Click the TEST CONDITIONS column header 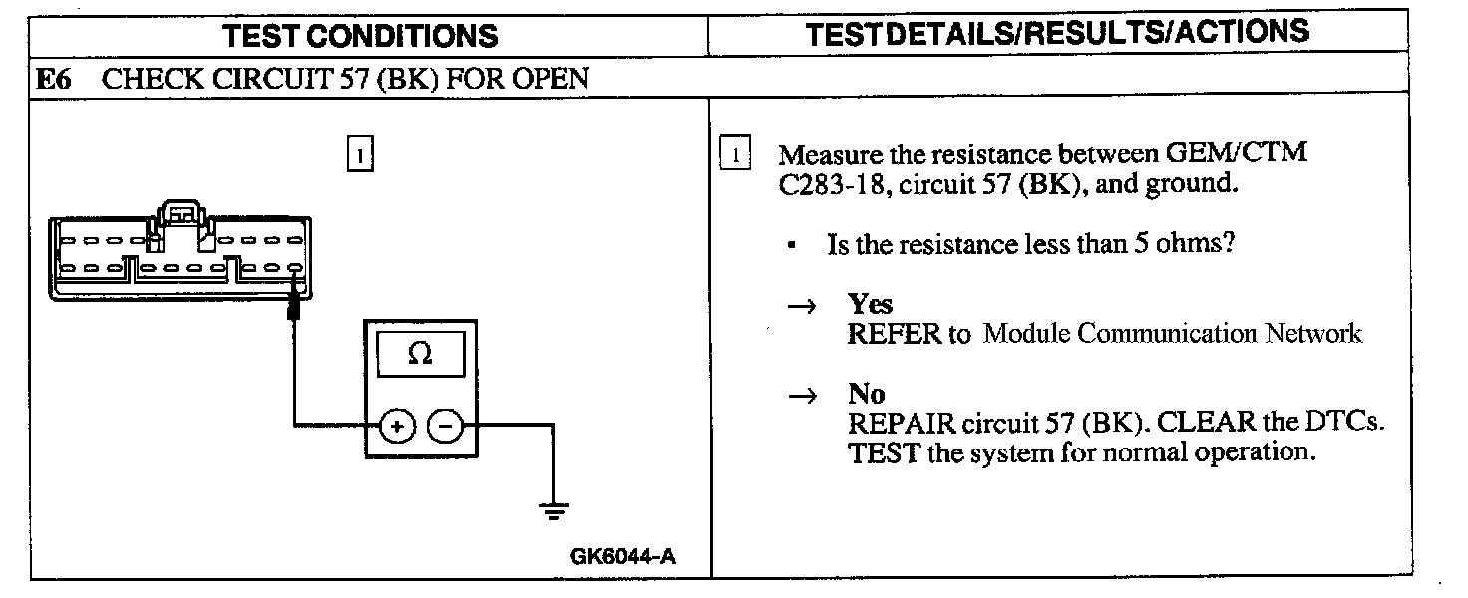pos(360,36)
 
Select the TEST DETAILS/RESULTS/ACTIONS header pos(1057,32)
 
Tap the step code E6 pos(54,79)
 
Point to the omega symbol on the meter pos(420,355)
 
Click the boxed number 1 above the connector pos(359,155)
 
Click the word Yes pos(870,304)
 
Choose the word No pos(866,394)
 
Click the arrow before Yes pos(802,307)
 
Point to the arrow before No pos(802,397)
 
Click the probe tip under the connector pos(295,309)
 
